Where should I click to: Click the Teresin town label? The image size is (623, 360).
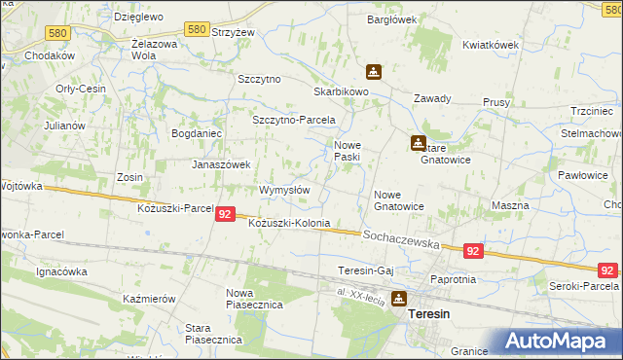[429, 315]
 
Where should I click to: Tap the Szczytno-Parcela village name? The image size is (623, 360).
[293, 120]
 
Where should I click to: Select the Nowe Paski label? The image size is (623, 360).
[348, 151]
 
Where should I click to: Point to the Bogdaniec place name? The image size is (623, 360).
[198, 133]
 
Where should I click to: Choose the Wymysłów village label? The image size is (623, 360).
[284, 190]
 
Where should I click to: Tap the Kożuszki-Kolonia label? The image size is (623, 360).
[289, 224]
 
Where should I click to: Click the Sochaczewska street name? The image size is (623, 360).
[402, 236]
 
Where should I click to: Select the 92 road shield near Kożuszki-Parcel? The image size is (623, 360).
[225, 214]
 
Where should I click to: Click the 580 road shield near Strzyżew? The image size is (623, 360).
[196, 30]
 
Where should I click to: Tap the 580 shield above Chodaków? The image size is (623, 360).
[57, 33]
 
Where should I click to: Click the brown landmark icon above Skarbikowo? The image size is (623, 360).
[373, 72]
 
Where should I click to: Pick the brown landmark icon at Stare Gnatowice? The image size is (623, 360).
[418, 142]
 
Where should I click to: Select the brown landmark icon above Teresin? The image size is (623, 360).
[399, 299]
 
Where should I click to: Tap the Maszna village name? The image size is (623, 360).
[510, 205]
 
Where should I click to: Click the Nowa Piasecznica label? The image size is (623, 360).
[254, 299]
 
